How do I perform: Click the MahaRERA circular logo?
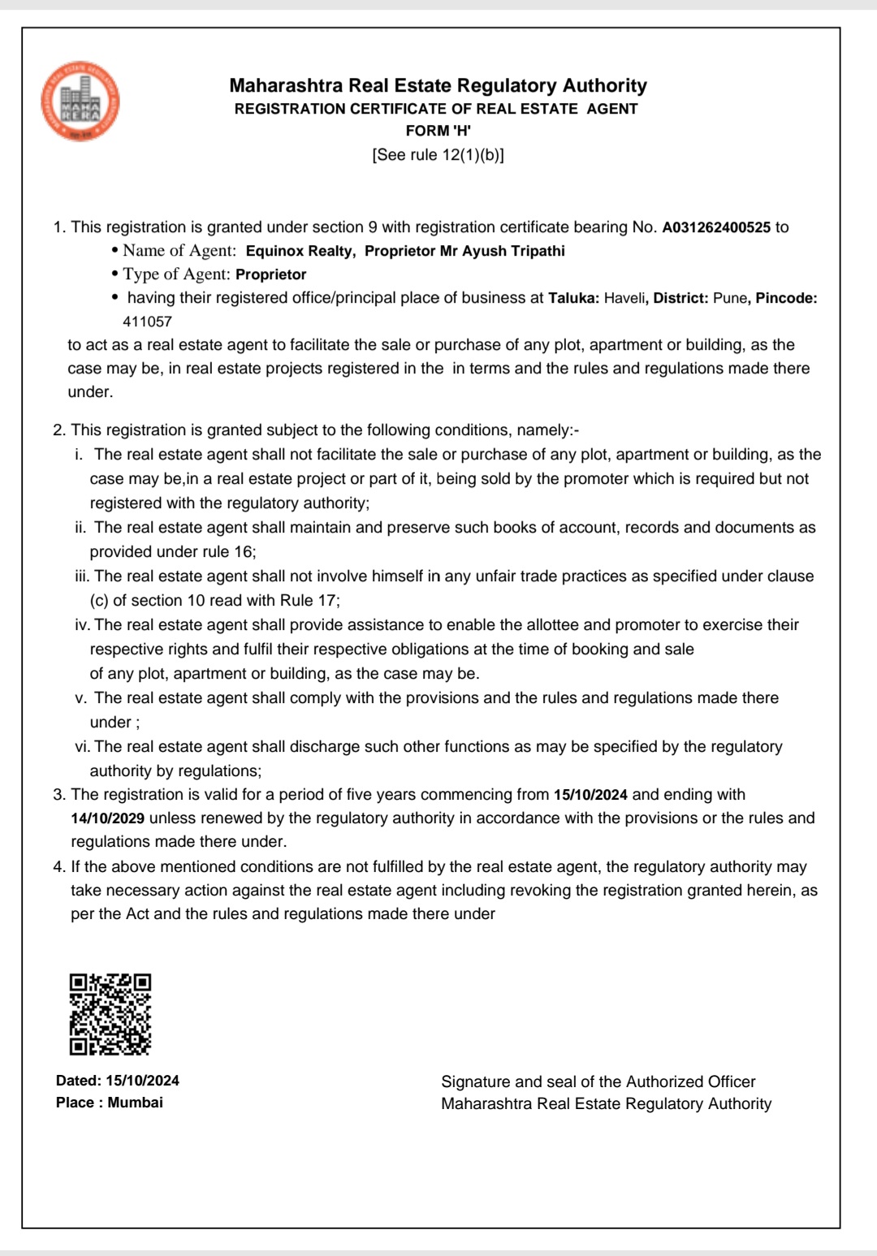[80, 101]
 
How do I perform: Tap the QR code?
[110, 1014]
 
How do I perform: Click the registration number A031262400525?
[716, 227]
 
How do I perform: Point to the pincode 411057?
[147, 322]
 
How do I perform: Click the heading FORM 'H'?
[438, 131]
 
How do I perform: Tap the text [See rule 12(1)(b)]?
[438, 155]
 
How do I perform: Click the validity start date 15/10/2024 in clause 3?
[590, 795]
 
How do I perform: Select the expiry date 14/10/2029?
[107, 818]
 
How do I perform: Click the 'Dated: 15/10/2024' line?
[118, 1081]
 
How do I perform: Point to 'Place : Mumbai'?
[110, 1103]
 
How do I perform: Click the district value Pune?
[729, 298]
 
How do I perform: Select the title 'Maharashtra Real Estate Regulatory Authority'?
[438, 85]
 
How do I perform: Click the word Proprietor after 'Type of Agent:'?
[270, 274]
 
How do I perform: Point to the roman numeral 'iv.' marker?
[82, 625]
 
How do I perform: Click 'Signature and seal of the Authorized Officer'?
[598, 1081]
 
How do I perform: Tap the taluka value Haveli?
[624, 298]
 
